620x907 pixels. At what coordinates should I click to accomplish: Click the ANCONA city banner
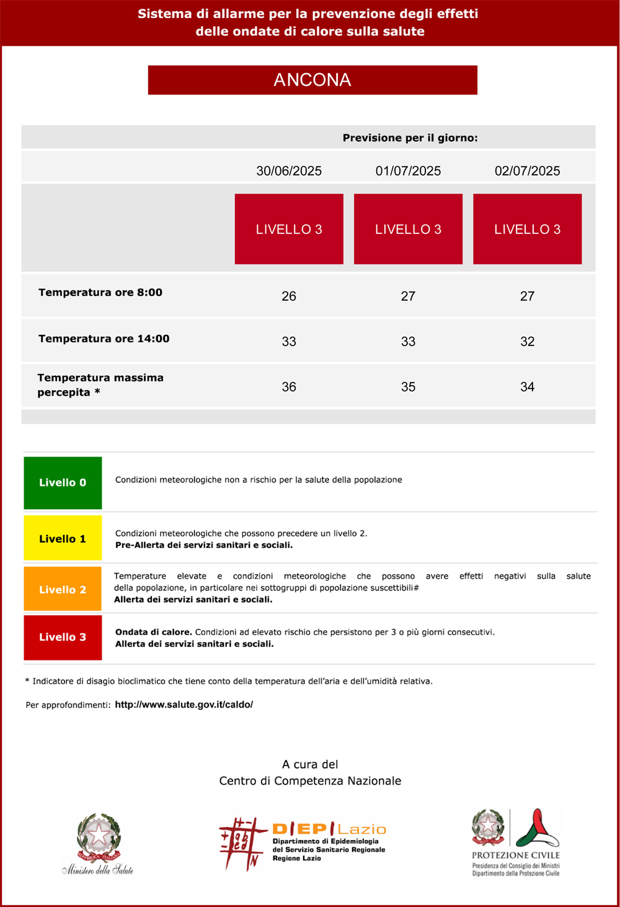point(312,80)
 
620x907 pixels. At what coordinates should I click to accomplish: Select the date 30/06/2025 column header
point(289,171)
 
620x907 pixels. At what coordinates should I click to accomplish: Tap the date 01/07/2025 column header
point(408,171)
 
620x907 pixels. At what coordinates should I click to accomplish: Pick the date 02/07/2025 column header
point(527,171)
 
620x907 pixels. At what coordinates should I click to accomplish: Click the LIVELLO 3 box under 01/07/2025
point(408,229)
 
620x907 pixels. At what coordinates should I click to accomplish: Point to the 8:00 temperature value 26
point(289,297)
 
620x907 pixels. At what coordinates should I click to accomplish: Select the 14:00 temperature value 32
point(527,342)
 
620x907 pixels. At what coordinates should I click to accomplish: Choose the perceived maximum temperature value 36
point(289,387)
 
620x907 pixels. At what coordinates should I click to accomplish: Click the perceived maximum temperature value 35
point(408,387)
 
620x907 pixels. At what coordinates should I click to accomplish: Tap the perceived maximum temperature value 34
point(527,387)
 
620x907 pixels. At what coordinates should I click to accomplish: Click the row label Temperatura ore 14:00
point(104,339)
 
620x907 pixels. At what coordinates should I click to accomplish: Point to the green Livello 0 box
point(63,483)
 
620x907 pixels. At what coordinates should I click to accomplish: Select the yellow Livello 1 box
point(63,538)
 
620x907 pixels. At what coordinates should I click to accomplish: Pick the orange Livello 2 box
point(63,589)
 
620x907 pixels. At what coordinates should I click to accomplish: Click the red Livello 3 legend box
point(63,637)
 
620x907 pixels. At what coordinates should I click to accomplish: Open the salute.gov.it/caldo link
point(184,705)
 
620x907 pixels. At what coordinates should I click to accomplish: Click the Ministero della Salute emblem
point(98,844)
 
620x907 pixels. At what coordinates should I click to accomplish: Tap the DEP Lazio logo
point(303,844)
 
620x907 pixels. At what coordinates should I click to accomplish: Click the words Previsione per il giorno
point(410,138)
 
